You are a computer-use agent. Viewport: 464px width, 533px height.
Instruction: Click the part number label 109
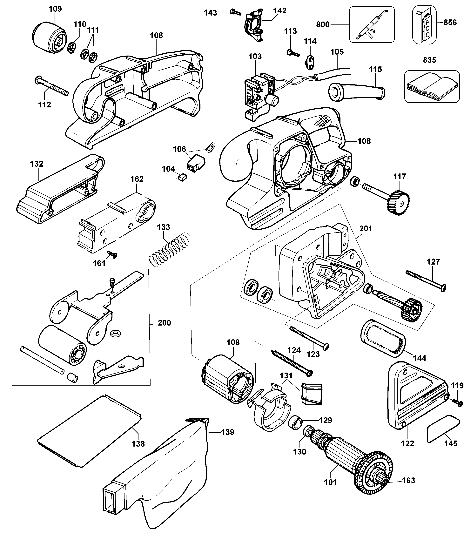(55, 9)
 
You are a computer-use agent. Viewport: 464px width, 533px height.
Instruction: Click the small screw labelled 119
(458, 409)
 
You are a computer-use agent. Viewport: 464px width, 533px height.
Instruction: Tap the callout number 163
(409, 480)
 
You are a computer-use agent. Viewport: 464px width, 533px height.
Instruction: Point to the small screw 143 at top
(235, 12)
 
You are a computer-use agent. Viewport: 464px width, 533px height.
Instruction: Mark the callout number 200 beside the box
(165, 323)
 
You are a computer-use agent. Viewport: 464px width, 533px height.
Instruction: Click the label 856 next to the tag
(450, 23)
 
